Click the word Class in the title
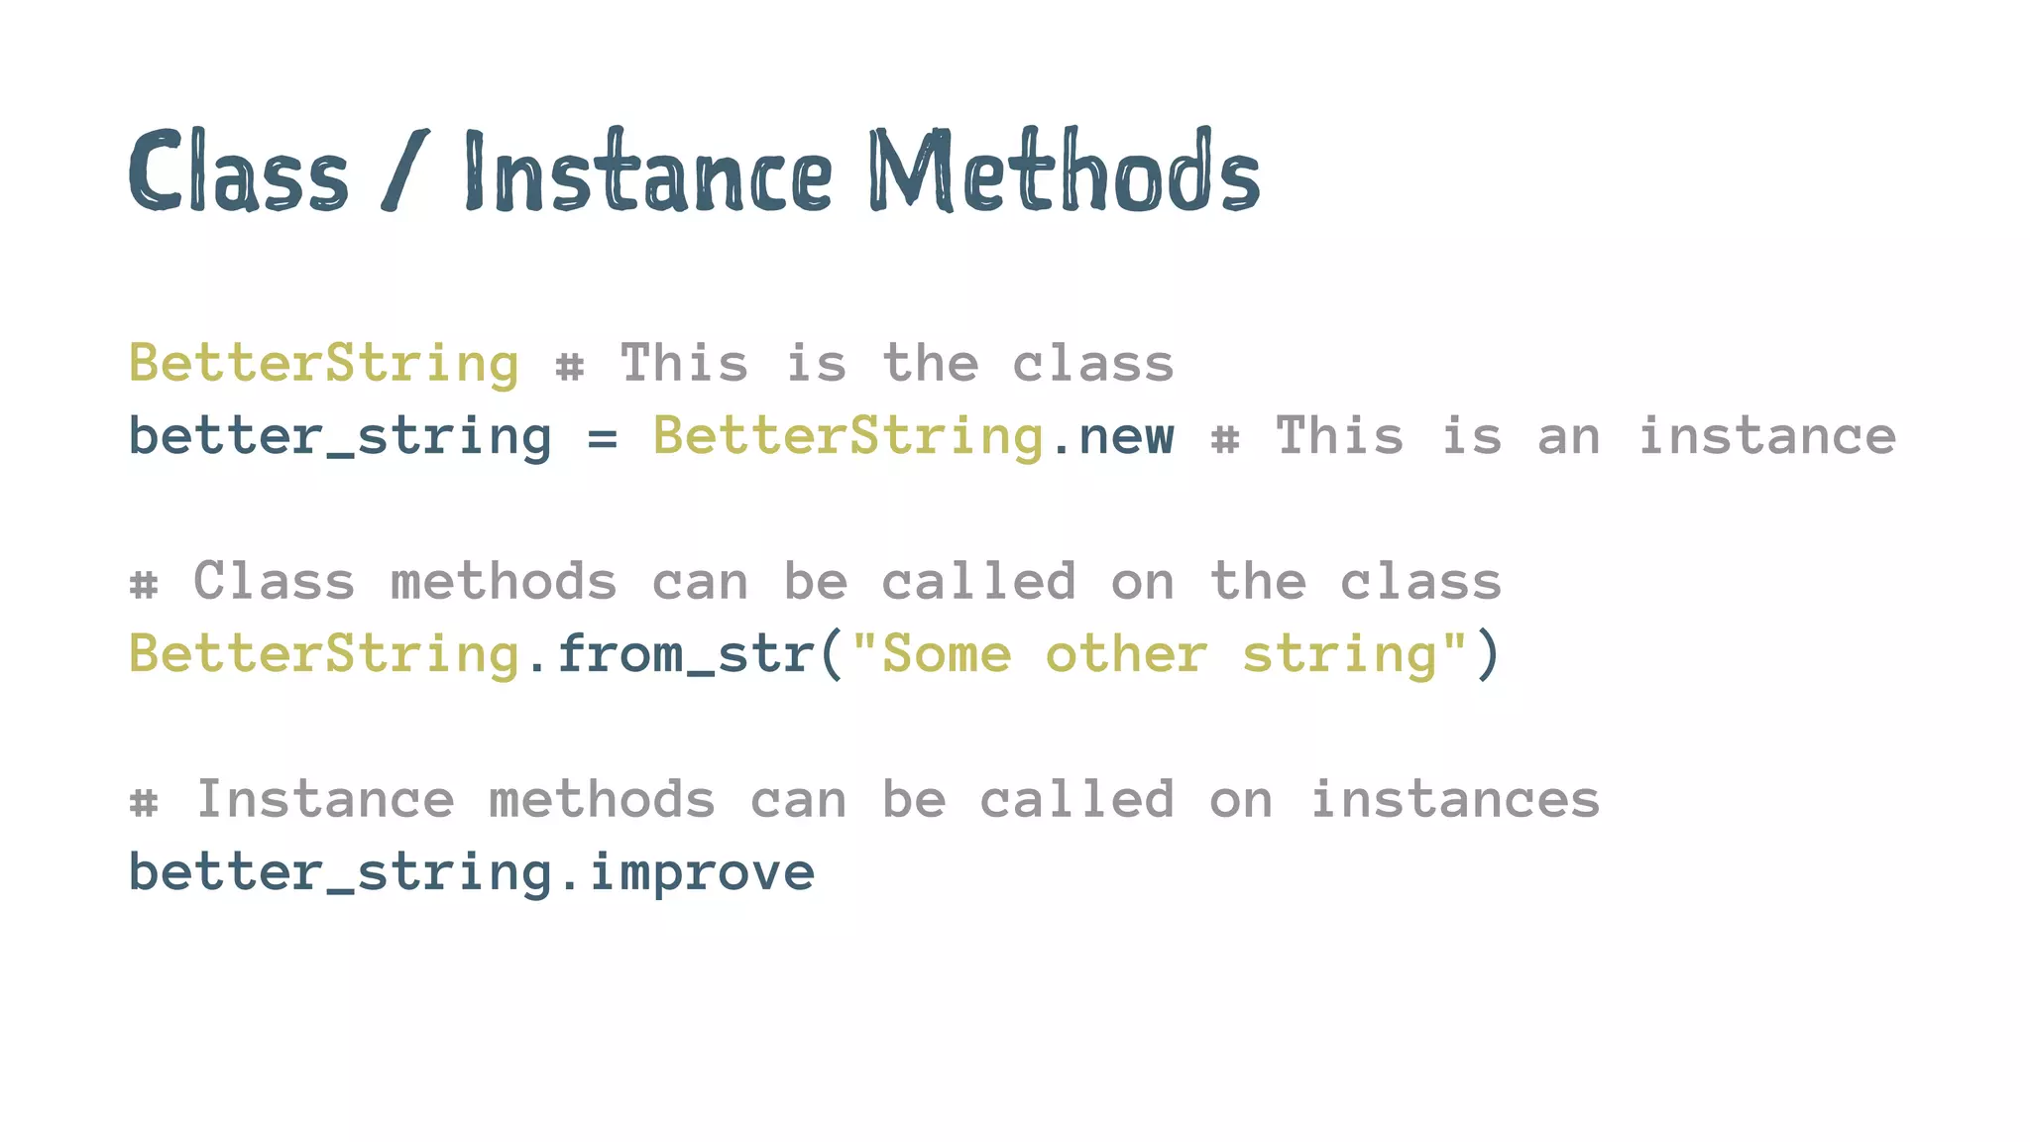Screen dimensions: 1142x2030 coord(238,172)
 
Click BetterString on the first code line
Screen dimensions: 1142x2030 coord(324,363)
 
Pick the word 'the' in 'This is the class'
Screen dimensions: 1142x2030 coord(930,363)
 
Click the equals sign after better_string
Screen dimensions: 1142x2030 coord(602,437)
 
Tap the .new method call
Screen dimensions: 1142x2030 coord(1114,437)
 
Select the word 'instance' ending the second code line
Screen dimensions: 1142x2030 coord(1766,437)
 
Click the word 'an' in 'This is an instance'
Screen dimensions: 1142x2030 coord(1568,437)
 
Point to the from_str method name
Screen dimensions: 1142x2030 coord(685,655)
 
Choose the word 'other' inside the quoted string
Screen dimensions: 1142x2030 coord(1126,655)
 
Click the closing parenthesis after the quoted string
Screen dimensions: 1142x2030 coord(1487,655)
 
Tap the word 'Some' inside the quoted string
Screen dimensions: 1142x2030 coord(946,655)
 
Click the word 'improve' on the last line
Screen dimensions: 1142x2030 coord(702,873)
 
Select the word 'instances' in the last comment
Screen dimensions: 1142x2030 coord(1455,800)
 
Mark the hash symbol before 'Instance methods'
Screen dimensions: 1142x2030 coord(144,802)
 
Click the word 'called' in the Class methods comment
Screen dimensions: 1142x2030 coord(978,582)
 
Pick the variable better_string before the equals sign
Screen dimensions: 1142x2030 coord(340,437)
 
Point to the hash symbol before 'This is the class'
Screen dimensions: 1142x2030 coord(569,366)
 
